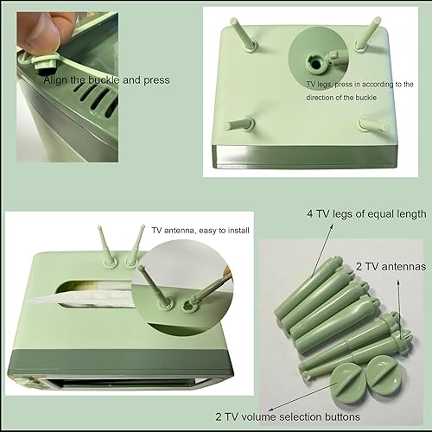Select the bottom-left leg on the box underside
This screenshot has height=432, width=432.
(239, 124)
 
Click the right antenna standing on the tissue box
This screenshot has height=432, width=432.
(135, 243)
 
